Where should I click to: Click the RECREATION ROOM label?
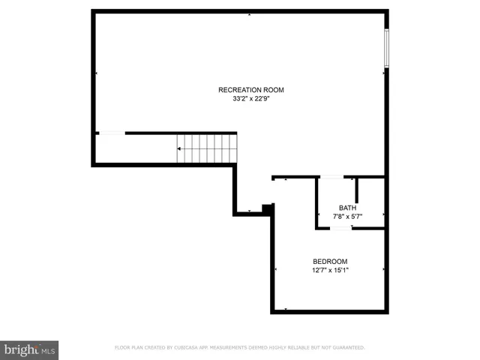pos(250,90)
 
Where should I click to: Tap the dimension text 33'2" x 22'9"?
pos(250,98)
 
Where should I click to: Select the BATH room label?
pos(347,208)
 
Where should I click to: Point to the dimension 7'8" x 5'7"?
pos(347,216)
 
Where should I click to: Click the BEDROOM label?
pos(330,261)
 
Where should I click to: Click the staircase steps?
pos(207,148)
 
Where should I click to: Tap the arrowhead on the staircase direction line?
pos(179,148)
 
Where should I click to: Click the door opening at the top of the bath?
pos(332,177)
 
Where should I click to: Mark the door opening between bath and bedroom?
pos(341,226)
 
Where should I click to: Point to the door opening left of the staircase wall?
pos(112,133)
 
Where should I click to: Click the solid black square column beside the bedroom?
pos(265,208)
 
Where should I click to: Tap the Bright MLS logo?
pos(29,349)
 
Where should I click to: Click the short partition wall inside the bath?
pos(356,190)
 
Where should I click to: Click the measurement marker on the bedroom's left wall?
pos(275,269)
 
